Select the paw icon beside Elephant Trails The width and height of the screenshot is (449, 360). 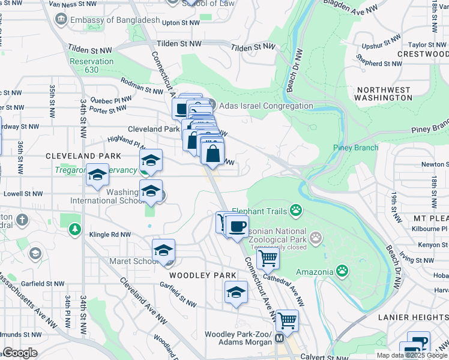tap(295, 210)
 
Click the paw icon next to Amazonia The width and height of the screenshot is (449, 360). tap(342, 271)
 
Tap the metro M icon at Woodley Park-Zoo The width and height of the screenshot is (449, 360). tap(279, 338)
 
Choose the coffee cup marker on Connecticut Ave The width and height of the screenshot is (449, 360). tap(237, 226)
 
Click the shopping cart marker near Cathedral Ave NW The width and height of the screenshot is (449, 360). tap(268, 259)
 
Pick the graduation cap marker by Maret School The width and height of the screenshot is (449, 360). tap(163, 251)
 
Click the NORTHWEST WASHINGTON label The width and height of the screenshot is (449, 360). tap(384, 94)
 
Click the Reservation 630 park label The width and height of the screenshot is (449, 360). tap(91, 65)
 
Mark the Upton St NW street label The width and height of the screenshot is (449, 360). tap(181, 23)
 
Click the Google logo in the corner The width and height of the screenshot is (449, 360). tap(20, 353)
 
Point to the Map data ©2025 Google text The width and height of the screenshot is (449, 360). tap(411, 355)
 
